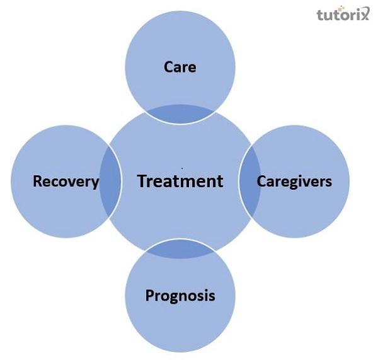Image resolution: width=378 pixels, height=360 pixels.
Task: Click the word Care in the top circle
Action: pos(180,66)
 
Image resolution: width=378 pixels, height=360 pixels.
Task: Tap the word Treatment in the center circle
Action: pos(180,181)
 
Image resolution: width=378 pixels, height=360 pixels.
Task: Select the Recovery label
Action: pos(66,182)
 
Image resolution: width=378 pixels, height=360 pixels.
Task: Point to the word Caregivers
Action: pos(294,181)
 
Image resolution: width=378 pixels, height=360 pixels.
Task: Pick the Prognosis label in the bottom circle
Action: pos(180,295)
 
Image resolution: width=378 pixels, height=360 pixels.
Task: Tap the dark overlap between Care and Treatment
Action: pos(180,114)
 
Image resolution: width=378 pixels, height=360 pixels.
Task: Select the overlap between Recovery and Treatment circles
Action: pos(111,182)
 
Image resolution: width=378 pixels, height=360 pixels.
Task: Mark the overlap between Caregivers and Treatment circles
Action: pos(249,182)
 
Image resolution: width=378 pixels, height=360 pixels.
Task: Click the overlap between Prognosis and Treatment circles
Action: pos(180,250)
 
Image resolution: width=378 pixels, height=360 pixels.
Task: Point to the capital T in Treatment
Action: pos(142,181)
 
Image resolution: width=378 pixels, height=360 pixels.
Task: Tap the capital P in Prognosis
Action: pos(149,295)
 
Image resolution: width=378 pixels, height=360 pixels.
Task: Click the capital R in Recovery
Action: pos(37,182)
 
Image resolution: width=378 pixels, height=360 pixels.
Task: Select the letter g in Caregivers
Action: pos(288,183)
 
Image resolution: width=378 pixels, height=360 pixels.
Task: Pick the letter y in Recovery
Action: pos(94,183)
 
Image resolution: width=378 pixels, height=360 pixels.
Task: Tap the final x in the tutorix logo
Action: pos(368,14)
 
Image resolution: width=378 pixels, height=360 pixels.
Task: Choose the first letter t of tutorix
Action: pos(322,15)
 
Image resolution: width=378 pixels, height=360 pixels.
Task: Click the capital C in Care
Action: pos(168,66)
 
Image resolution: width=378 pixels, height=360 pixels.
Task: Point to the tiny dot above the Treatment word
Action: pos(182,168)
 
